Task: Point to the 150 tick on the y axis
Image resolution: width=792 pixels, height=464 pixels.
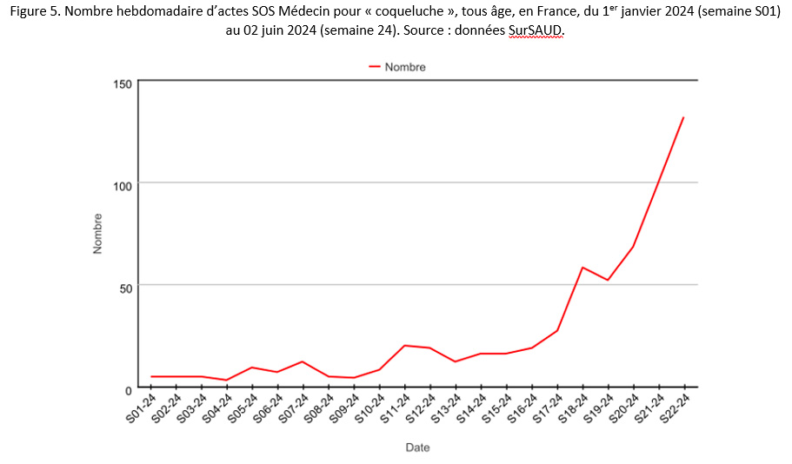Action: [122, 83]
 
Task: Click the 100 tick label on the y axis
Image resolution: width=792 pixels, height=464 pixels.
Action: [122, 184]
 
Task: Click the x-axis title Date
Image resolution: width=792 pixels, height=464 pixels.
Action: [417, 447]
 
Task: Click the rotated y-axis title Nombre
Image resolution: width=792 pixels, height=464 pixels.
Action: [97, 234]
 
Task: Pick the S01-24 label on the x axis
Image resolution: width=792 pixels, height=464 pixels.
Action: [141, 408]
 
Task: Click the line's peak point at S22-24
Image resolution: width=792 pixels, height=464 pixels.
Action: [683, 117]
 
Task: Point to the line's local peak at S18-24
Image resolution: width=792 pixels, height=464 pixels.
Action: [582, 268]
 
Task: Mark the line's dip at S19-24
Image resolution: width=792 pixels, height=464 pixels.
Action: [608, 280]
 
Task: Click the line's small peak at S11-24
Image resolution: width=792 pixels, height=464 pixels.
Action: [404, 346]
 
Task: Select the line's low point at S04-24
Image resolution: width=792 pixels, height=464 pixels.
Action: [227, 380]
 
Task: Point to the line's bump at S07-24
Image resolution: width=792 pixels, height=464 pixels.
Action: [303, 361]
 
